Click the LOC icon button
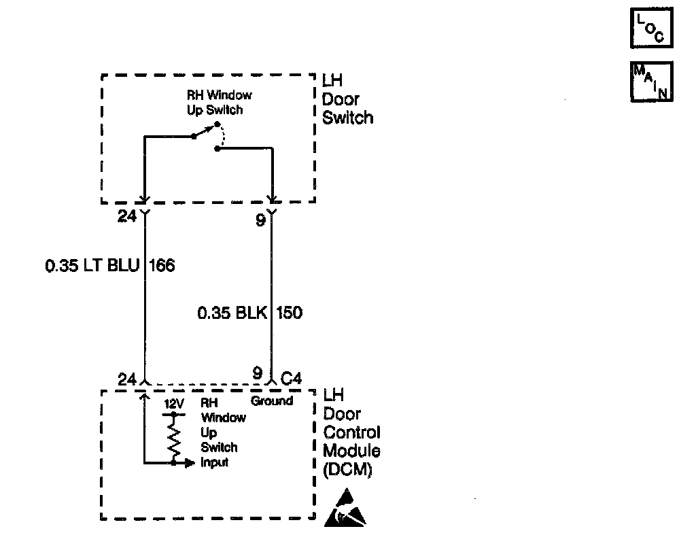[651, 28]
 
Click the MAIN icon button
[651, 82]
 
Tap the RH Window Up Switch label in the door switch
[219, 103]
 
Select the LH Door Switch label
[347, 99]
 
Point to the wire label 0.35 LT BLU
[92, 265]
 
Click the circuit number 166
[161, 265]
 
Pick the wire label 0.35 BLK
[233, 313]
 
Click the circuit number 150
[289, 313]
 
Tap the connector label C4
[290, 378]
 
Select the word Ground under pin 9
[272, 401]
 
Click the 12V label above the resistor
[174, 403]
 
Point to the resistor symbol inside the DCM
[174, 437]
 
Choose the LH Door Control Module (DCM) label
[351, 432]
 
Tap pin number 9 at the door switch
[260, 220]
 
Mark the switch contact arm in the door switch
[205, 131]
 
